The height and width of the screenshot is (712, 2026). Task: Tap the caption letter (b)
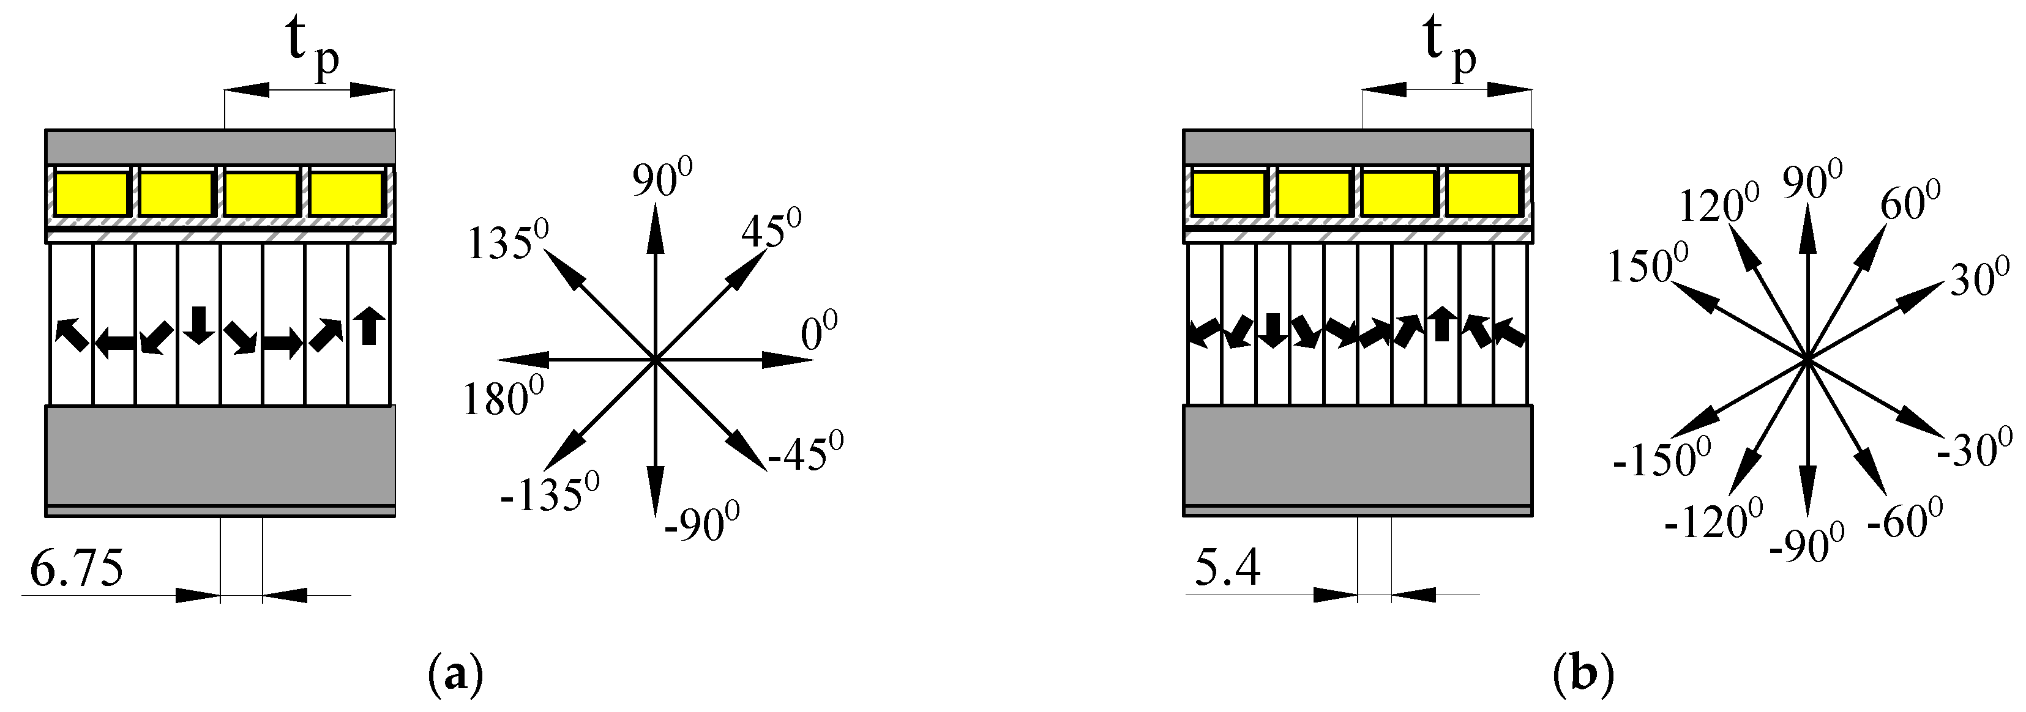pos(1583,675)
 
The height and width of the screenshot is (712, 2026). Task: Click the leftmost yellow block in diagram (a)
pos(91,194)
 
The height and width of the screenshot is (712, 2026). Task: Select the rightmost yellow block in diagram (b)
pos(1482,194)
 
